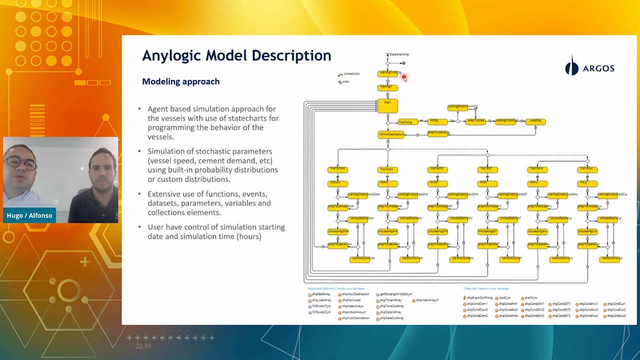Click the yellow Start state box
click(387, 105)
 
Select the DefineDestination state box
click(390, 134)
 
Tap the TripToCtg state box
click(407, 122)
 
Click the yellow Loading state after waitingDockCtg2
click(535, 121)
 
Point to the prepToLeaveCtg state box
click(438, 133)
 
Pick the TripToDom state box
click(337, 169)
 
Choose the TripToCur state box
click(587, 169)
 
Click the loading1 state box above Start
click(387, 87)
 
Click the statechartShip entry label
click(399, 54)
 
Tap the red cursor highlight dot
click(404, 77)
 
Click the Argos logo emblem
click(571, 66)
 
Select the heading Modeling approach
click(180, 81)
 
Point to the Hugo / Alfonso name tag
click(29, 215)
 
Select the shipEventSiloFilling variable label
click(479, 297)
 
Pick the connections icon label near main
click(350, 74)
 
